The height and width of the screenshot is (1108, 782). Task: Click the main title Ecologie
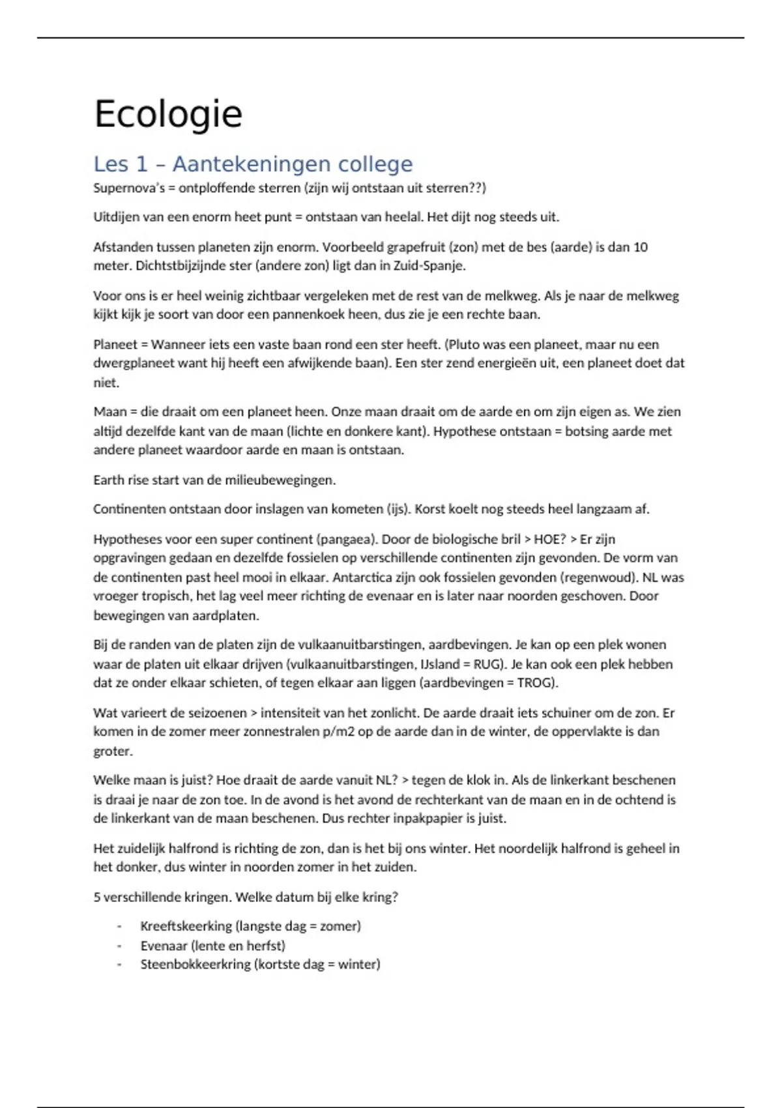click(x=168, y=114)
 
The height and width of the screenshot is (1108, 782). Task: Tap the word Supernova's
click(x=129, y=188)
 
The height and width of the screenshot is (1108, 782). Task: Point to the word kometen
click(x=356, y=509)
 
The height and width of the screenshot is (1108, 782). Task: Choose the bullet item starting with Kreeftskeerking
click(x=250, y=926)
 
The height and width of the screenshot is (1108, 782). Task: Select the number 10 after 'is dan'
click(x=640, y=247)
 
